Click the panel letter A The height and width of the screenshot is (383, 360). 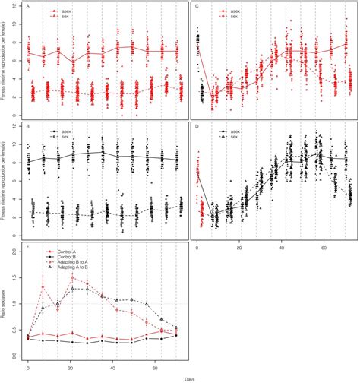pos(27,6)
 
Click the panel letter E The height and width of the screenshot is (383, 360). pos(27,246)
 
